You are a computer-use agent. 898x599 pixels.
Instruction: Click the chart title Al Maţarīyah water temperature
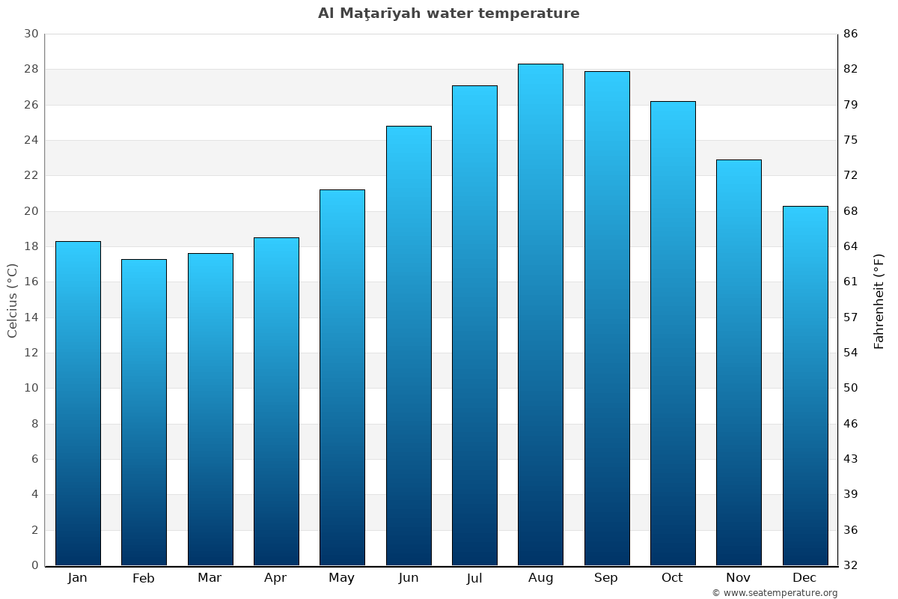448,13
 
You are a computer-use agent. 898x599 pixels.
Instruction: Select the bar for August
540,314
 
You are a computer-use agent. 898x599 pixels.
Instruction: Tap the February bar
144,412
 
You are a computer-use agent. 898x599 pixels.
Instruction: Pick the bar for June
409,345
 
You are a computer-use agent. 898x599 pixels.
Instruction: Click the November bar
739,362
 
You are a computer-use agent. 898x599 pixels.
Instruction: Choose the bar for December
805,386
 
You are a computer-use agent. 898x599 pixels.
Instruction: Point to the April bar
276,401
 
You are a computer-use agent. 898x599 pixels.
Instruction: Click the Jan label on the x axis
77,578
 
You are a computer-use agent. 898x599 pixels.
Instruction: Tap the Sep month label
606,578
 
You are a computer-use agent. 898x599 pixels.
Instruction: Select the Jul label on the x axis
474,578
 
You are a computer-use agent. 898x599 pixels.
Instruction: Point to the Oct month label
672,578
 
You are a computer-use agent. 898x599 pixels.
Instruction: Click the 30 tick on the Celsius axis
31,34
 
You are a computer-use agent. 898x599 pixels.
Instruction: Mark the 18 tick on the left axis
31,246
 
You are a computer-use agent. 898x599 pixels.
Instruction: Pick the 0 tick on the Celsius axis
34,565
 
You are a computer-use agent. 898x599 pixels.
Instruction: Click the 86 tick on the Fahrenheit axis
851,34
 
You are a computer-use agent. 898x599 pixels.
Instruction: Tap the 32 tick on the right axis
851,565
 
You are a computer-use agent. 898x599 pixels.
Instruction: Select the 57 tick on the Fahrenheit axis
851,317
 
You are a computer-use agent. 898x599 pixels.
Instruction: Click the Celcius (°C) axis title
13,300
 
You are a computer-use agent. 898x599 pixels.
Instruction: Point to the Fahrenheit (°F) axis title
879,300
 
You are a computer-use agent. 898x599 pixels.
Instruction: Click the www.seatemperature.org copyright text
775,593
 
